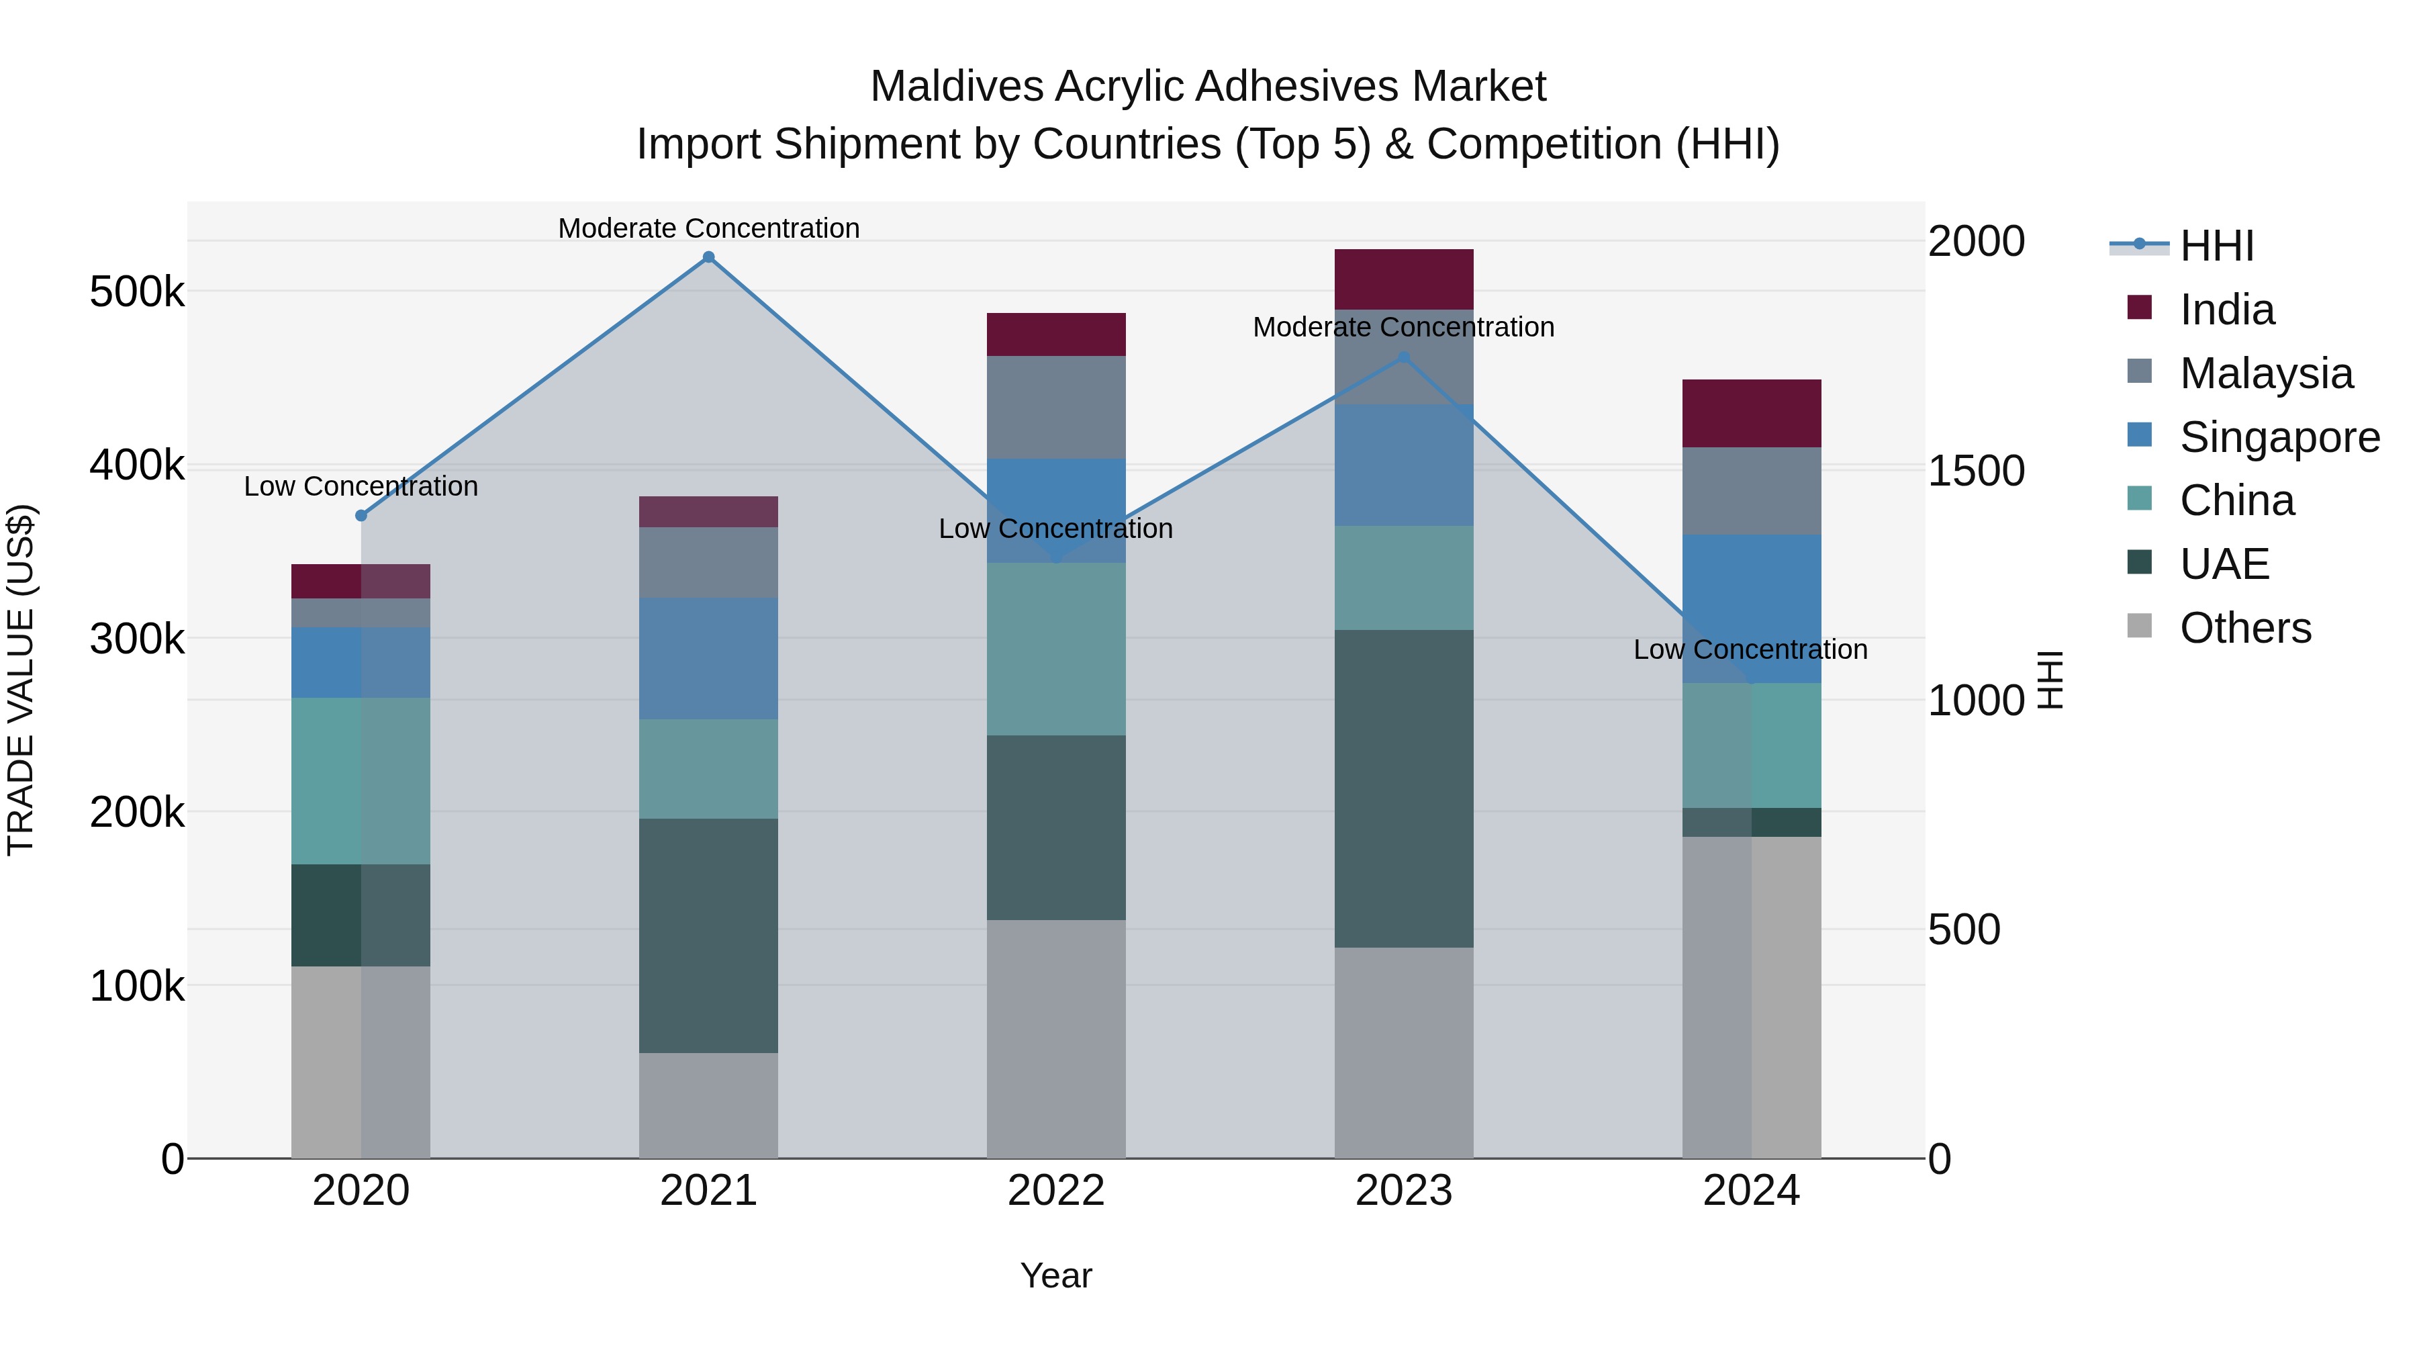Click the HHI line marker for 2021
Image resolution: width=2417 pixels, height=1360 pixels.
708,257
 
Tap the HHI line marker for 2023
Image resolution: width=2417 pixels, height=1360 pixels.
1404,357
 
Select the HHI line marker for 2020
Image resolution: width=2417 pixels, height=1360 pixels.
361,515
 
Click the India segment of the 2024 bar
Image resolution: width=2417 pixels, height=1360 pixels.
1751,413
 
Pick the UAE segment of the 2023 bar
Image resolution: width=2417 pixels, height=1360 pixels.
1404,788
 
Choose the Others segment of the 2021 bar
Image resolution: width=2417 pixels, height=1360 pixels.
708,1105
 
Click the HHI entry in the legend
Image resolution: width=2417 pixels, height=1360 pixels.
2216,246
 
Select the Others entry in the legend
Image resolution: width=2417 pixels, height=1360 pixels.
2244,628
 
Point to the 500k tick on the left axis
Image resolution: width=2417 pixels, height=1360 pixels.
137,292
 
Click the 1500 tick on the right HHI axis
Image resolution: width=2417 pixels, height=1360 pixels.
1976,471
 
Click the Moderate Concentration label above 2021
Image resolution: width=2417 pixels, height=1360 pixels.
708,228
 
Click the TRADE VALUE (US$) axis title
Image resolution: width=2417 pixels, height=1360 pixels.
21,680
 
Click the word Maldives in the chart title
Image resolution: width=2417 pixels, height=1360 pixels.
956,87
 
